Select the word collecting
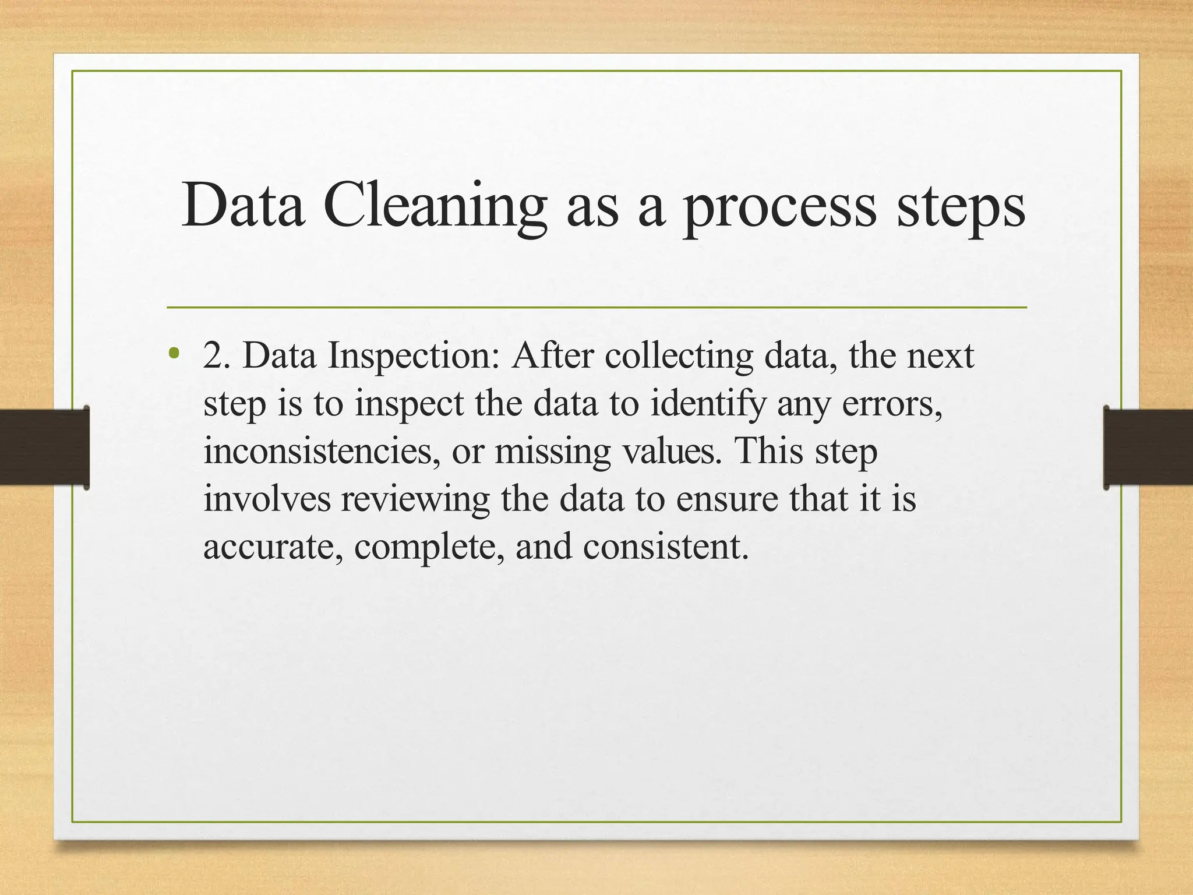pyautogui.click(x=679, y=357)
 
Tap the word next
pyautogui.click(x=941, y=355)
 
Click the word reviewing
pyautogui.click(x=415, y=500)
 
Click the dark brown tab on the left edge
pyautogui.click(x=44, y=447)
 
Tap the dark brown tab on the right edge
pyautogui.click(x=1148, y=447)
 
